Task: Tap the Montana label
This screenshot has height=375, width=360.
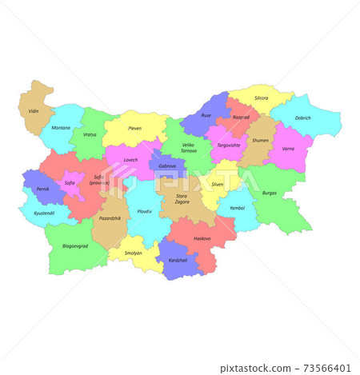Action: (60, 128)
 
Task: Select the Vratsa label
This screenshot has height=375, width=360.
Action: (89, 134)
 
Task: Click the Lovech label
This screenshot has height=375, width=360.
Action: (130, 159)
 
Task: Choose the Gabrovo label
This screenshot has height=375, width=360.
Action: (167, 166)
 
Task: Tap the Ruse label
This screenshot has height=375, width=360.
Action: (206, 115)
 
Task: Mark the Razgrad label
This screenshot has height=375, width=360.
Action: (241, 117)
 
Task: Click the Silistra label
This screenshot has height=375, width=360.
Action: (261, 98)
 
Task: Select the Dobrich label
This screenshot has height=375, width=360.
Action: (302, 118)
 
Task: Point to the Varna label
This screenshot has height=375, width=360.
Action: (288, 148)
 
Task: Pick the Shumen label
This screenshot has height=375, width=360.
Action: (260, 140)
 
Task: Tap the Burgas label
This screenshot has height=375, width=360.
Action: (269, 193)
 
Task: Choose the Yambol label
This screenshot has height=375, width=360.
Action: (237, 208)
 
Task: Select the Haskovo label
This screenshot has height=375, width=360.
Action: (202, 238)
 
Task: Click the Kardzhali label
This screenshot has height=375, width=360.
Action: (178, 260)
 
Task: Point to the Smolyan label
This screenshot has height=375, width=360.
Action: (133, 253)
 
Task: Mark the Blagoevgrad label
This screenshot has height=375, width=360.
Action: (74, 246)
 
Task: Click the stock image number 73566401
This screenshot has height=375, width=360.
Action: (325, 368)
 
